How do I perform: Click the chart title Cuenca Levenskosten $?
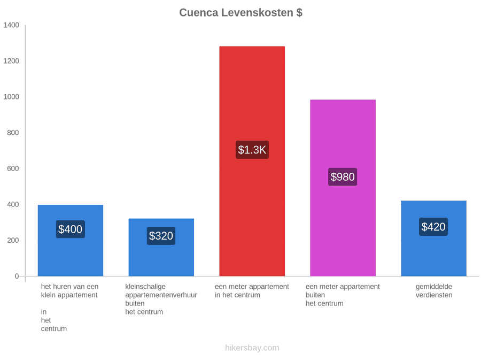coord(241,13)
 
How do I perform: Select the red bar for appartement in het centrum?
coord(252,161)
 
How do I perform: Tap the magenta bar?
coord(343,188)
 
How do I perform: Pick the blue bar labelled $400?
coord(71,240)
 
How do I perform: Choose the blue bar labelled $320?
coord(161,248)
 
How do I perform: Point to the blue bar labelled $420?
coord(434,239)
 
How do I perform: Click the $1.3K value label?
coord(252,150)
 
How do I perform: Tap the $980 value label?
coord(343,177)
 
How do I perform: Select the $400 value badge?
coord(70,229)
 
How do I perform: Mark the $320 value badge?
coord(161,236)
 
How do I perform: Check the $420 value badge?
coord(433,227)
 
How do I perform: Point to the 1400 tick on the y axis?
coord(11,25)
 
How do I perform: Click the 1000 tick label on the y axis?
coord(11,97)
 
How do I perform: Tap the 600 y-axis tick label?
coord(13,168)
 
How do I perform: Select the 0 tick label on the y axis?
coord(17,276)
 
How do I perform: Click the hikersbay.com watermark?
coord(252,348)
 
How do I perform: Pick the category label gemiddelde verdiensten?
coord(434,291)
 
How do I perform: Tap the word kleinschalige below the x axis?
coord(145,287)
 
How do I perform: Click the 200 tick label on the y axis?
coord(13,240)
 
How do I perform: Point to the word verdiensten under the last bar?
coord(434,295)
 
